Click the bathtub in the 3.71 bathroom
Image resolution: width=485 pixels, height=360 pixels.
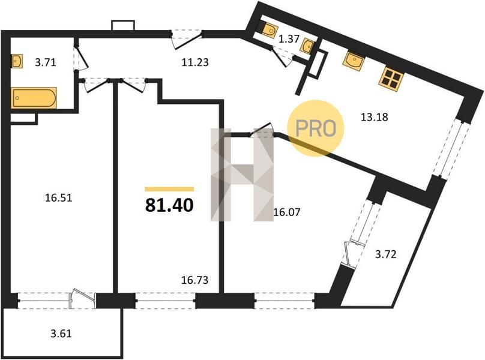34,98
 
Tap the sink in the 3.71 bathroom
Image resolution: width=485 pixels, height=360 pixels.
17,61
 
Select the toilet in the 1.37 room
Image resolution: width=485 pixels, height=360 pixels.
269,30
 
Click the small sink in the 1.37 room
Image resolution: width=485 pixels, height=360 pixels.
307,46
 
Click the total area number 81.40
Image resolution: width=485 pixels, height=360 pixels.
169,205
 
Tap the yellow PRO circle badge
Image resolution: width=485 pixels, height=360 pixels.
316,128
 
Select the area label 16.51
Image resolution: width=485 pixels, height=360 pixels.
58,197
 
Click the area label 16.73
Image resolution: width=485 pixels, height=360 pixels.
194,280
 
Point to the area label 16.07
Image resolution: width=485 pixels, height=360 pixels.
287,212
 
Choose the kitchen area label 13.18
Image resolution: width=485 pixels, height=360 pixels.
375,117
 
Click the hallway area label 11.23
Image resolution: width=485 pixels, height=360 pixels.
195,62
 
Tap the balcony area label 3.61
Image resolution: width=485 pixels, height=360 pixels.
61,334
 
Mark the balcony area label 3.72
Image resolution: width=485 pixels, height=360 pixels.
386,254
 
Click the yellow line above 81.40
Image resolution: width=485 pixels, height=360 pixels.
169,189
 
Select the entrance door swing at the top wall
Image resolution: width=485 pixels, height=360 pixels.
187,39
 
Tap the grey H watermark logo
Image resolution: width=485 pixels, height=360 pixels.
242,175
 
